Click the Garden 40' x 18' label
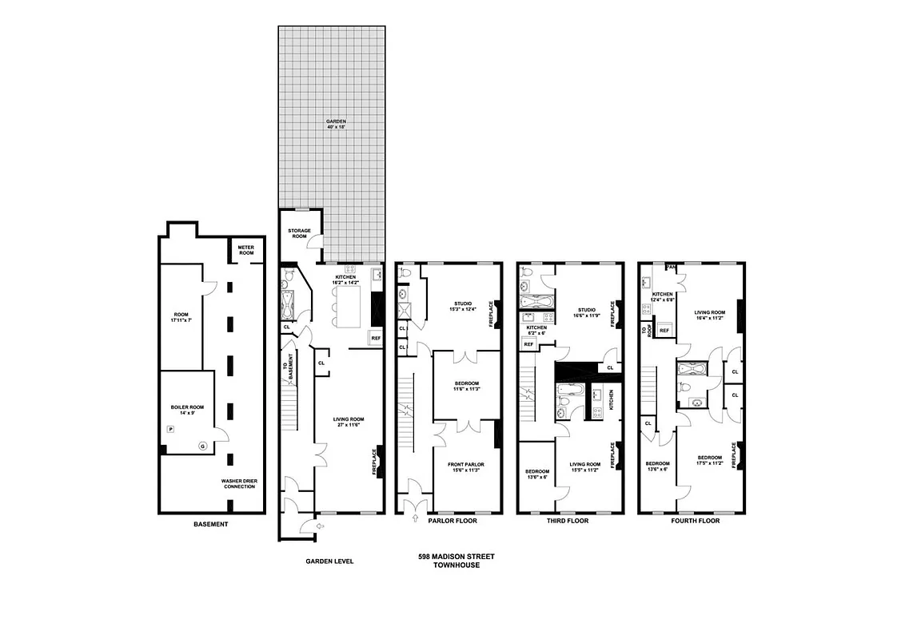click(x=335, y=124)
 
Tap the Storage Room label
click(x=300, y=233)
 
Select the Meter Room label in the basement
click(x=245, y=250)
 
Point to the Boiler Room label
click(x=187, y=410)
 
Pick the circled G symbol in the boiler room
click(x=202, y=445)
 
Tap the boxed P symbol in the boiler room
click(x=169, y=430)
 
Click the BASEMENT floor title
click(x=211, y=524)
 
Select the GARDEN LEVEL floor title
click(x=329, y=561)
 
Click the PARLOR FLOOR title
click(x=453, y=521)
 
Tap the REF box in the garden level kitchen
click(x=375, y=339)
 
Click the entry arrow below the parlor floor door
click(x=415, y=519)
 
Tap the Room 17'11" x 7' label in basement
click(x=181, y=318)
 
